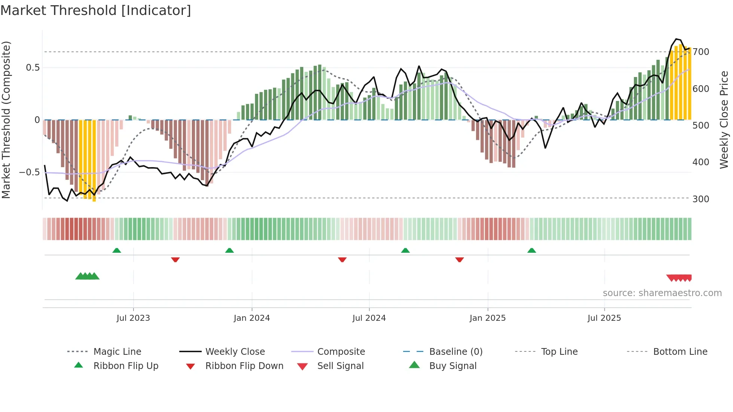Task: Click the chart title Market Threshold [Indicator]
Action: click(x=96, y=10)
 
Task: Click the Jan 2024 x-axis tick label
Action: click(x=252, y=318)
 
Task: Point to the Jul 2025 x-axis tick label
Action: click(x=604, y=318)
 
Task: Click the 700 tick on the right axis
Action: click(x=700, y=52)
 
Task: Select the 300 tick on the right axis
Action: click(x=700, y=199)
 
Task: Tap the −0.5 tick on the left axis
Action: click(x=30, y=172)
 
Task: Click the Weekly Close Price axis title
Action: click(x=724, y=120)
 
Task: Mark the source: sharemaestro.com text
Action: click(x=662, y=293)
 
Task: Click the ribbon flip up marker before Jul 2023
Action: click(x=117, y=250)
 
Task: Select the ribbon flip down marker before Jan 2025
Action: click(x=460, y=259)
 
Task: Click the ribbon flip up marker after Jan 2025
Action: click(x=531, y=250)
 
